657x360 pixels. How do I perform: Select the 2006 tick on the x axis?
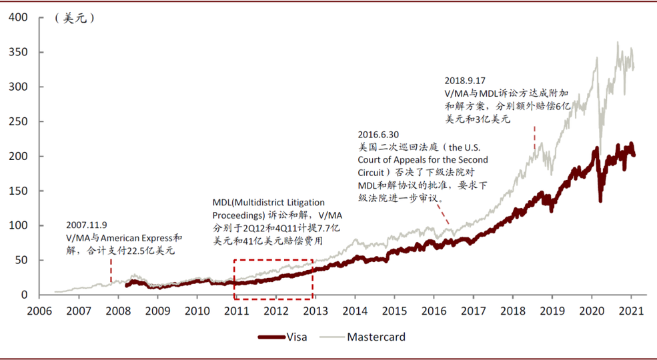39,311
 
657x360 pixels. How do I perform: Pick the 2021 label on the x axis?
631,311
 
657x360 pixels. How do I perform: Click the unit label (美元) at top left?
75,19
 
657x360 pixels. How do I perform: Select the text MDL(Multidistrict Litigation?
269,203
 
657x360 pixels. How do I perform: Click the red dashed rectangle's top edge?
273,260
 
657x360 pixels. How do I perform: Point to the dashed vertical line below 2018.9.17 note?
534,139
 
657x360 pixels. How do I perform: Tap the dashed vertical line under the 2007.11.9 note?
111,270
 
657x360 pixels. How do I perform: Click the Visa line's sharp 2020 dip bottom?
601,201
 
